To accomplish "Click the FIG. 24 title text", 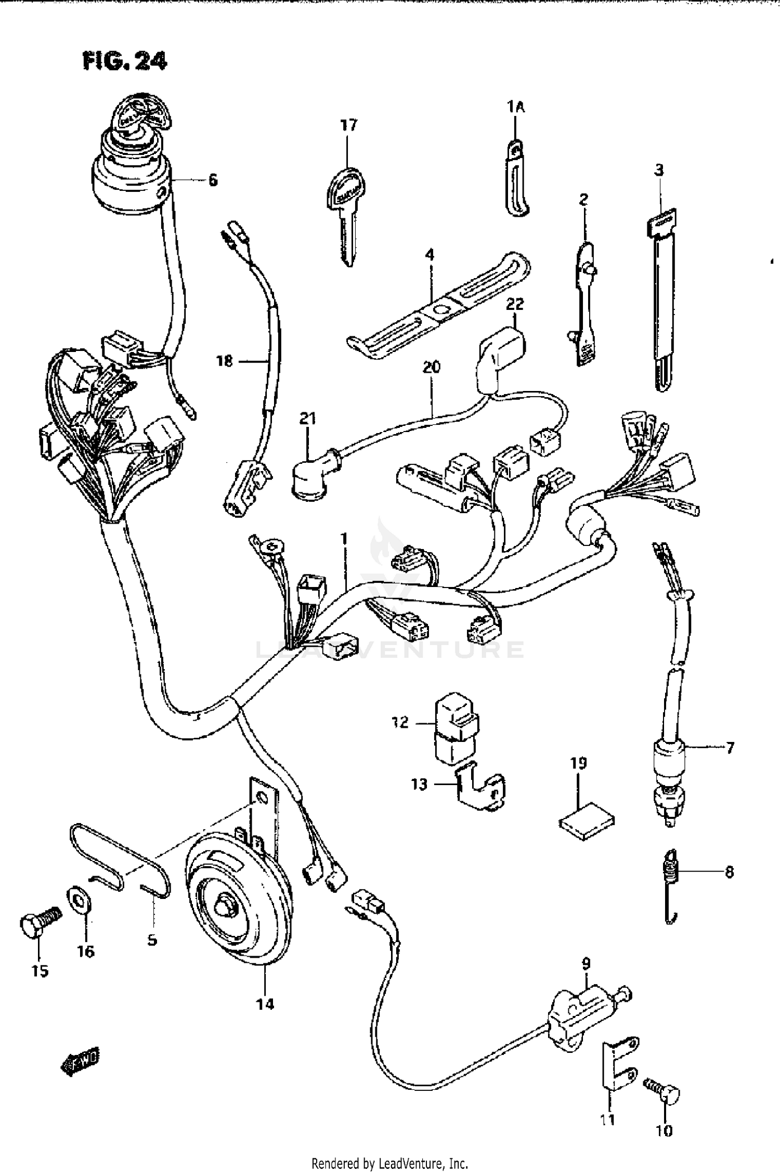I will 125,61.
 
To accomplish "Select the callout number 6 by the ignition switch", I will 213,180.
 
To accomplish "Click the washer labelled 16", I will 81,898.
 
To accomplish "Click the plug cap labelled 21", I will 307,478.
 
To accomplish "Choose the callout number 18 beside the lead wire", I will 225,360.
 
